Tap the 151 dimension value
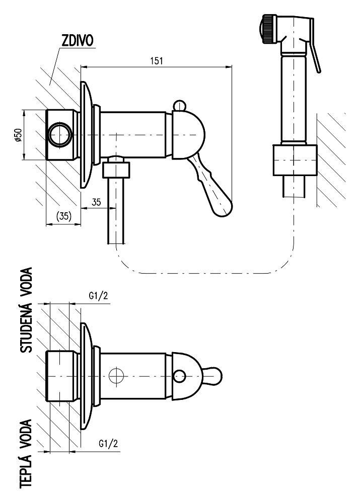point(157,60)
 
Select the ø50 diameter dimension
point(18,135)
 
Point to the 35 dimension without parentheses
point(97,202)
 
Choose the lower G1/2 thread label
point(108,444)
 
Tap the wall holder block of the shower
point(295,160)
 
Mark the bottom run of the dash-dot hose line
point(201,274)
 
